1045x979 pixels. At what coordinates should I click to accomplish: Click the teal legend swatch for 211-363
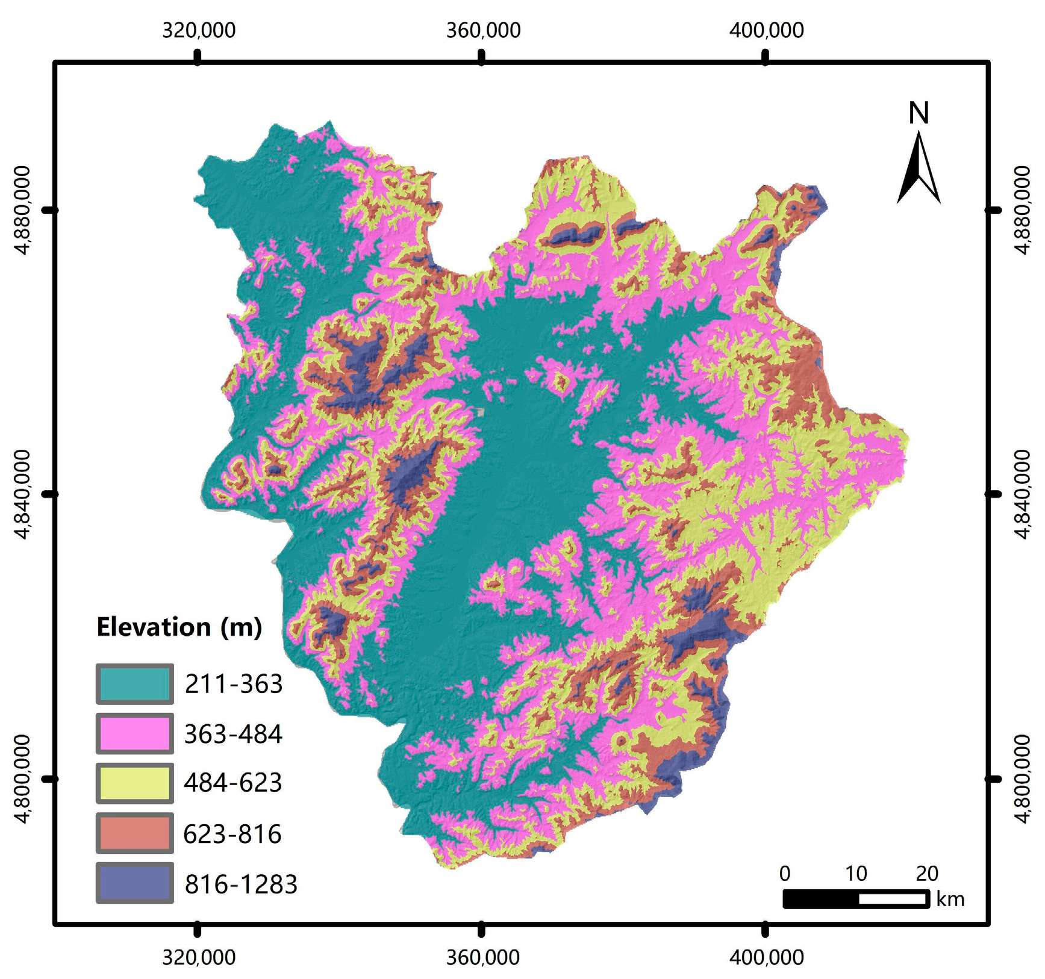coord(134,684)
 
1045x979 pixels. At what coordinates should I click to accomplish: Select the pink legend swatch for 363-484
coord(134,733)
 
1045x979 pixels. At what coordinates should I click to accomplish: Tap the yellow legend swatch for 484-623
coord(134,783)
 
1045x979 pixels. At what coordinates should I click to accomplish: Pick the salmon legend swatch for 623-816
coord(134,833)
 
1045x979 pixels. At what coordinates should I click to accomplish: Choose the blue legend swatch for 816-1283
coord(134,883)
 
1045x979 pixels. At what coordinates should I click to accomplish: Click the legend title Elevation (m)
coord(179,627)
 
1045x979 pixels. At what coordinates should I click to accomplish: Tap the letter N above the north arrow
coord(919,113)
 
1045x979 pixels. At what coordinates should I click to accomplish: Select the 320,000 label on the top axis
coord(198,30)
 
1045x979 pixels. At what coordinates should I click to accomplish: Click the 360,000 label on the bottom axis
coord(482,957)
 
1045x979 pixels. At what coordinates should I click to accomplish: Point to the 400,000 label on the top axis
coord(766,30)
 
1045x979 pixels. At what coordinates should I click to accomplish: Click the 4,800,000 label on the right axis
coord(1022,779)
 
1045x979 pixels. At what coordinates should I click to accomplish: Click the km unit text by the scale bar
coord(950,900)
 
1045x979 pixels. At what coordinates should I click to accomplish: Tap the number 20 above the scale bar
coord(926,873)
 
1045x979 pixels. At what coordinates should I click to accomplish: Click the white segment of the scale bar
coord(893,899)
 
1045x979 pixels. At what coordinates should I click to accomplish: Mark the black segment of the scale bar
coord(821,899)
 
